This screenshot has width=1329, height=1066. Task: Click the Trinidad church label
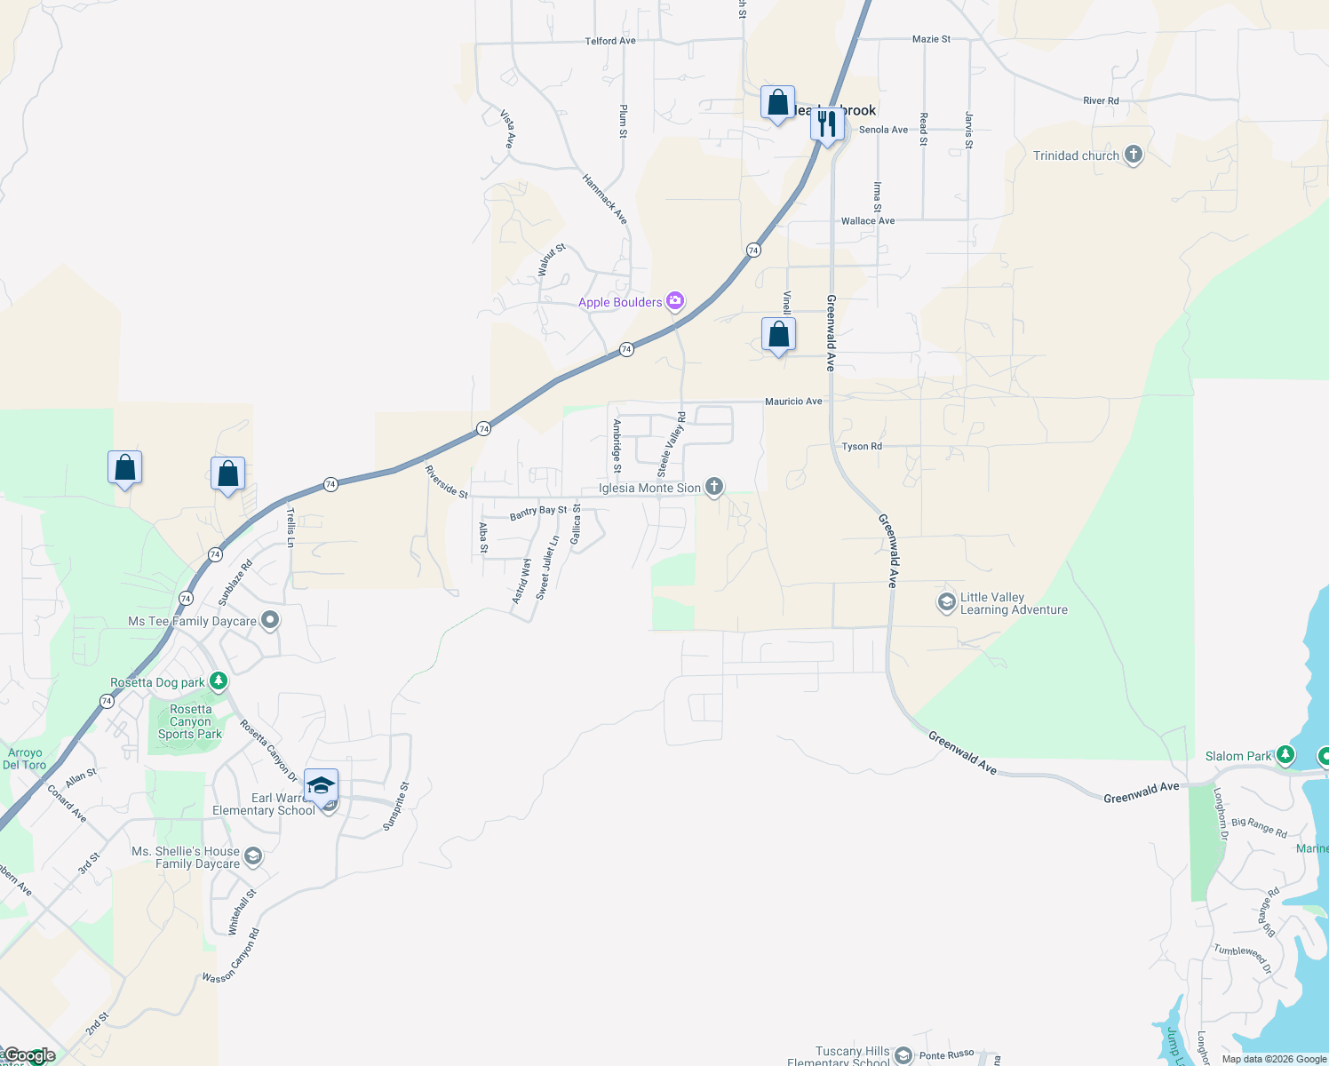pos(1076,155)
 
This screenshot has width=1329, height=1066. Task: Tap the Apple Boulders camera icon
pos(675,302)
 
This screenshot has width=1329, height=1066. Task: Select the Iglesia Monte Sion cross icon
pos(714,487)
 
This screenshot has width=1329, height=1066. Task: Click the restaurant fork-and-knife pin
pos(827,123)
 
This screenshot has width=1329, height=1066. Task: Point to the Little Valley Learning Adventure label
pos(1014,604)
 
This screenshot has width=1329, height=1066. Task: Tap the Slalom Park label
pos(1238,756)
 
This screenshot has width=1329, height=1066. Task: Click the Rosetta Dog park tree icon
pos(219,682)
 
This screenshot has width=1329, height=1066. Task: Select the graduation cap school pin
pos(321,786)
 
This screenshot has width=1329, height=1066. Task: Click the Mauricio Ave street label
pos(793,402)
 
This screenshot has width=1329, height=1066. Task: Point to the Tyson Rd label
pos(862,446)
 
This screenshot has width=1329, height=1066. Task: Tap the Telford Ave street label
pos(610,41)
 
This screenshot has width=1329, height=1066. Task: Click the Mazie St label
pos(931,39)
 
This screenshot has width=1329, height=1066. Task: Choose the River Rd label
pos(1101,100)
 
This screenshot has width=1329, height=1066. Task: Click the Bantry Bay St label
pos(538,512)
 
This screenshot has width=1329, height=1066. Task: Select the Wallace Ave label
pos(868,220)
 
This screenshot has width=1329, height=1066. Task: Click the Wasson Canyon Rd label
pos(231,956)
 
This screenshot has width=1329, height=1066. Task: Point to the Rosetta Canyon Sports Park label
pos(190,721)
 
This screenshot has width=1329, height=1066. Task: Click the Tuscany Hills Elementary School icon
pos(903,1054)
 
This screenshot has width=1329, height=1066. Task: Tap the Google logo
pos(29,1055)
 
